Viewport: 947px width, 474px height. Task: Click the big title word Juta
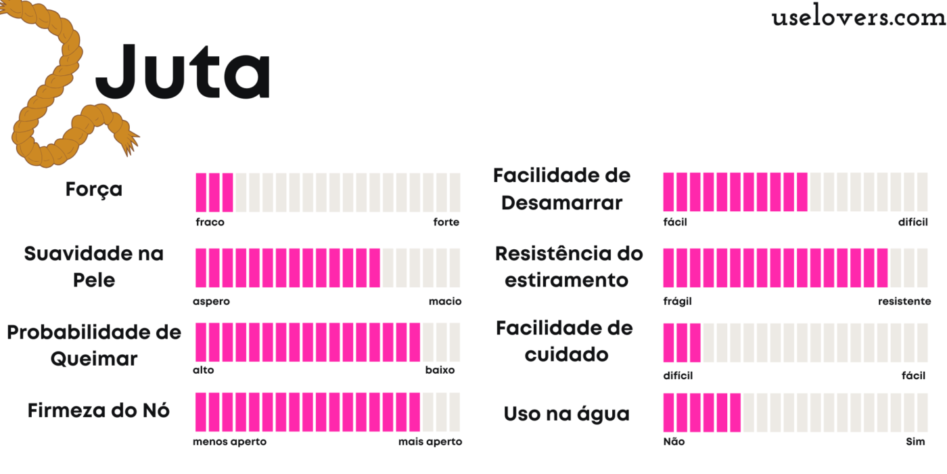183,71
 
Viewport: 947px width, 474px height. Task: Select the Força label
94,189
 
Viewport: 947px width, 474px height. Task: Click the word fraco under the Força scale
210,222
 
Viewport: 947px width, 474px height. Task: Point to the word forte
446,222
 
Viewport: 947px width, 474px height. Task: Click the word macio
444,301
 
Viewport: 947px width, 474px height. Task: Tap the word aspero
211,301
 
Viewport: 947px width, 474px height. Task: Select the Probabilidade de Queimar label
94,345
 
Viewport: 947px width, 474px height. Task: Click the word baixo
440,370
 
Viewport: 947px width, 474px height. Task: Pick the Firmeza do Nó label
99,410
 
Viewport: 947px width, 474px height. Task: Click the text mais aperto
430,442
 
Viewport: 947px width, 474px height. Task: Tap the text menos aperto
229,442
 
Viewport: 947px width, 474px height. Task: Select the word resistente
904,301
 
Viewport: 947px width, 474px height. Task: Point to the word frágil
677,301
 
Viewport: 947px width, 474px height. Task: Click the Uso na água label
566,414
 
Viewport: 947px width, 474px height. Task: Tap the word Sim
915,442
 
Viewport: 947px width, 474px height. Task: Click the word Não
674,442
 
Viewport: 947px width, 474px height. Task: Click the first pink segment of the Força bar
201,192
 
